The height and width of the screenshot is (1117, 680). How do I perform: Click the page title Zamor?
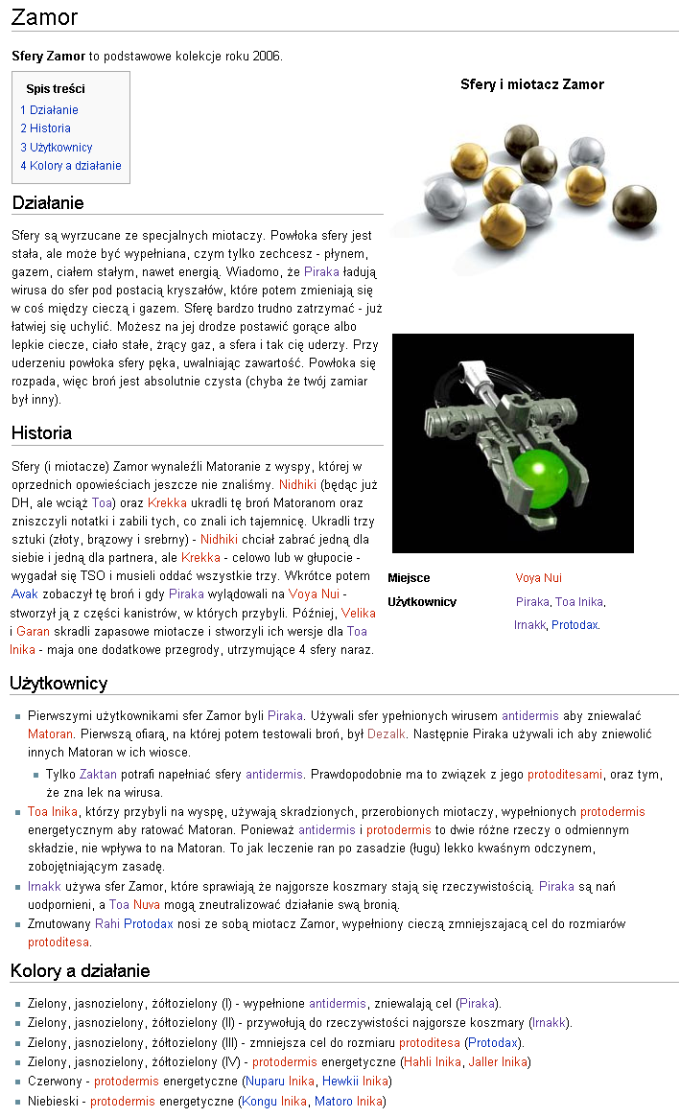pyautogui.click(x=44, y=17)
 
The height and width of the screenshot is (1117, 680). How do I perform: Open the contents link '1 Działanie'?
pyautogui.click(x=49, y=110)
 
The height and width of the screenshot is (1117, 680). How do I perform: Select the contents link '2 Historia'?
pyautogui.click(x=45, y=128)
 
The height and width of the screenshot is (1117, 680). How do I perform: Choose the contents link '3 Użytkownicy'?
pyautogui.click(x=57, y=148)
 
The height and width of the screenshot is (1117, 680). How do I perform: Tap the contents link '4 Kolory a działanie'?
pyautogui.click(x=71, y=166)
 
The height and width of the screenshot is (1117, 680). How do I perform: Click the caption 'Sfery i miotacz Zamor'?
pyautogui.click(x=532, y=84)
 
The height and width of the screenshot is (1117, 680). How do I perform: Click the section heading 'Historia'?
pyautogui.click(x=41, y=433)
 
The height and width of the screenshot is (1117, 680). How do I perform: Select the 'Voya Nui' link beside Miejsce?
pyautogui.click(x=538, y=578)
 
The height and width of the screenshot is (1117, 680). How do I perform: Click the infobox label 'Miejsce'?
pyautogui.click(x=409, y=578)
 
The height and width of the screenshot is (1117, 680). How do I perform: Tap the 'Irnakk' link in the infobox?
pyautogui.click(x=529, y=625)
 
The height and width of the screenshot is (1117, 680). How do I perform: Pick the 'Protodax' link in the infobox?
pyautogui.click(x=574, y=625)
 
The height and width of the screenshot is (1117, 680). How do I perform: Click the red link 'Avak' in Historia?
pyautogui.click(x=24, y=593)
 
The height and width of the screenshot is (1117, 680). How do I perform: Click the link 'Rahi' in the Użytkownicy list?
pyautogui.click(x=106, y=923)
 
